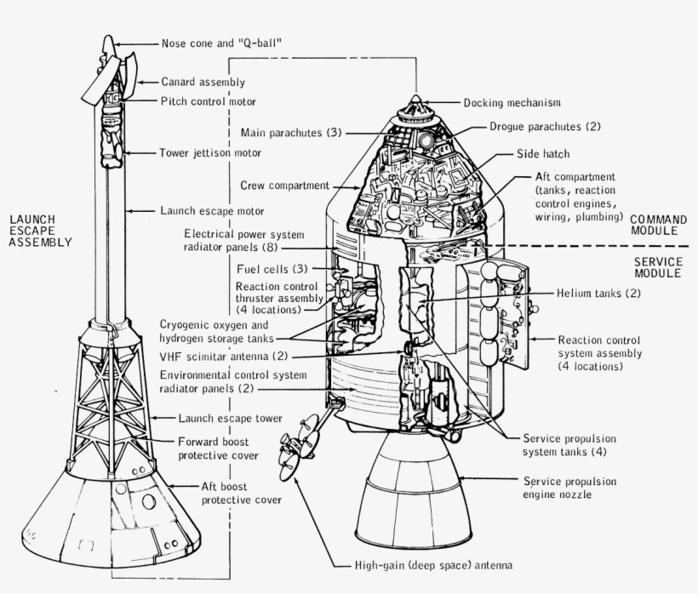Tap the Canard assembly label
pos(203,82)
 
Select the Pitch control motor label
pos(208,101)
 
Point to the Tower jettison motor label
pos(209,153)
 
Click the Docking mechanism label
pos(512,103)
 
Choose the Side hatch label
pos(543,154)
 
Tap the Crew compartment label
pos(283,185)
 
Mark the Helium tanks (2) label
pos(598,293)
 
